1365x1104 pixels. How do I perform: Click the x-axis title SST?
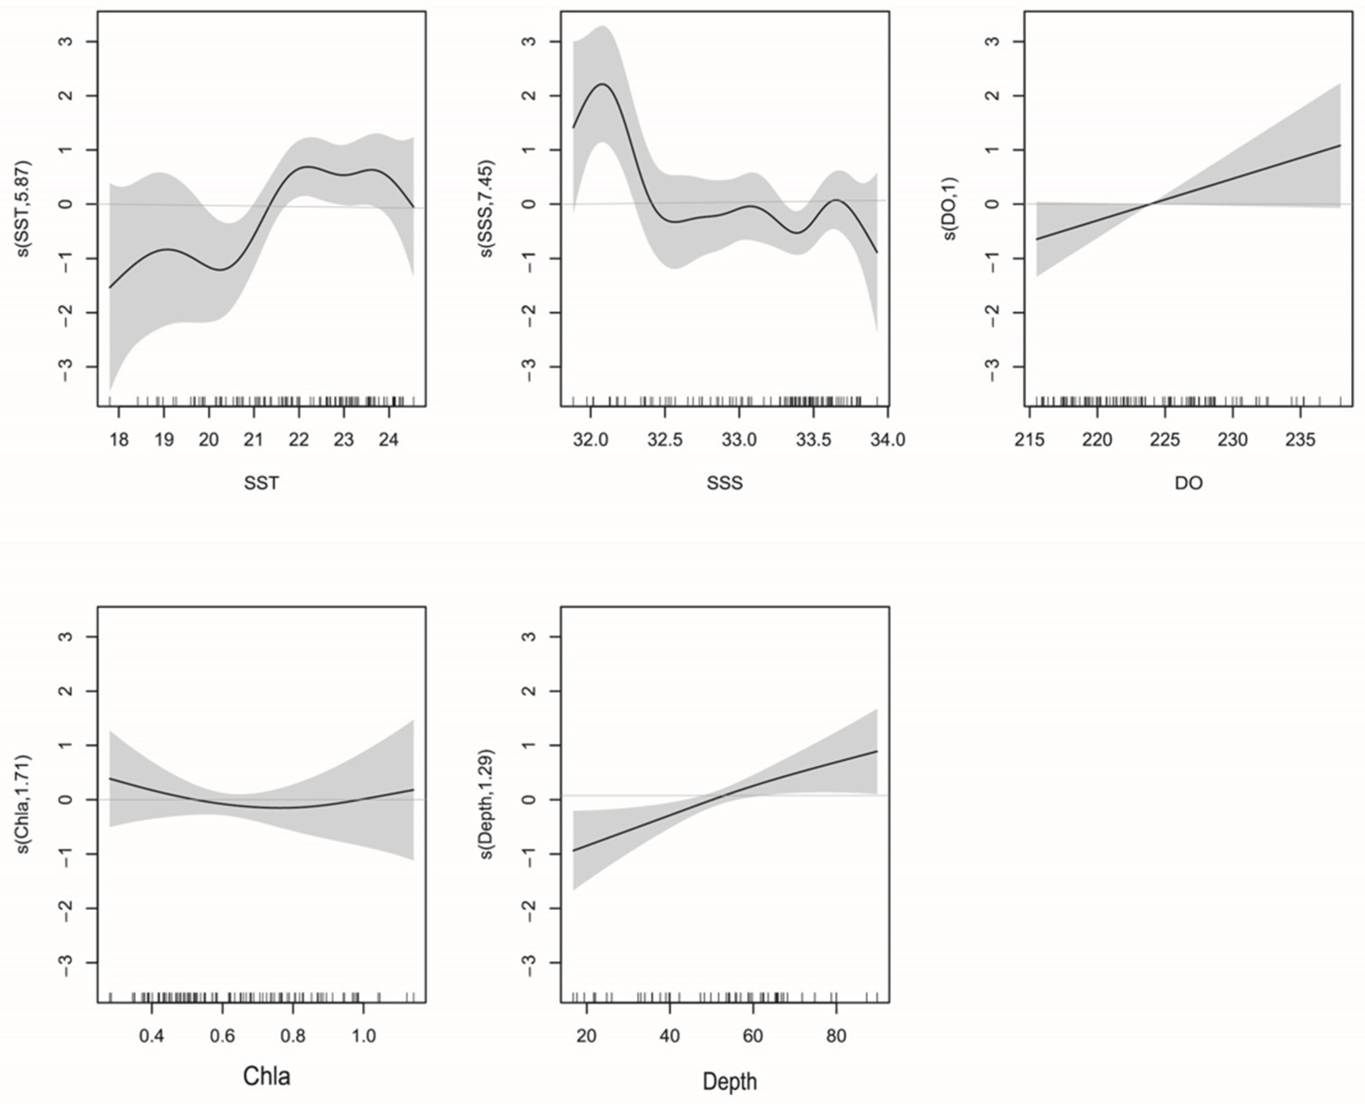(x=261, y=483)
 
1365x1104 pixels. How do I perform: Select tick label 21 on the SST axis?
(x=254, y=440)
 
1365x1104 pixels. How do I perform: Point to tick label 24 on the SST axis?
(x=388, y=440)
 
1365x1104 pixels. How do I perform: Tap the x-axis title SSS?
(x=725, y=483)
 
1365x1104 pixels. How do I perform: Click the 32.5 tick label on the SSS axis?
(x=665, y=440)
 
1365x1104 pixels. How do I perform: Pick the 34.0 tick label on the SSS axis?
(x=887, y=440)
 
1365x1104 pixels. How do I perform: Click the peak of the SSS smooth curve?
(x=602, y=84)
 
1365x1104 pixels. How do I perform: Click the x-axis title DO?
(x=1188, y=483)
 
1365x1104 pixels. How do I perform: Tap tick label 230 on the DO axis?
(x=1233, y=440)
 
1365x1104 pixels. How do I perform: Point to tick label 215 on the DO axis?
(x=1029, y=440)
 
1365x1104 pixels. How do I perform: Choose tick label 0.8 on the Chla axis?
(x=293, y=1036)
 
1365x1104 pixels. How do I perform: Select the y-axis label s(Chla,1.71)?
(x=24, y=805)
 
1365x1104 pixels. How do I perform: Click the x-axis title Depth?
(x=729, y=1081)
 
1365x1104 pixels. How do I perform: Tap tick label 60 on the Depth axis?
(x=752, y=1036)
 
